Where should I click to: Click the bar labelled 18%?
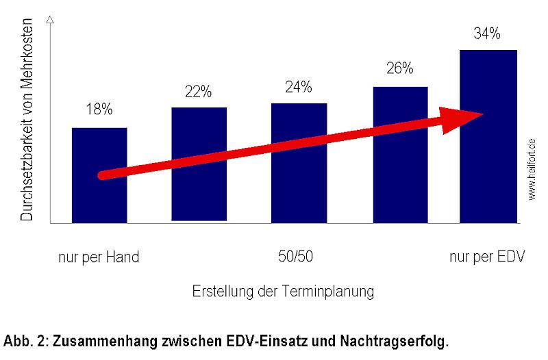[99, 198]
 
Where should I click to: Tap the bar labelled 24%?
[299, 198]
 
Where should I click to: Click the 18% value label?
[99, 110]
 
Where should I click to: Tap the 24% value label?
[299, 87]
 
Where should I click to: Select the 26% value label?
[399, 68]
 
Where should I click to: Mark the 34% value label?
[488, 32]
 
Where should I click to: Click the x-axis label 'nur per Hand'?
[99, 257]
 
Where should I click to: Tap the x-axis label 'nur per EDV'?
[487, 257]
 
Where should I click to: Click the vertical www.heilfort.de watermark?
[532, 168]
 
